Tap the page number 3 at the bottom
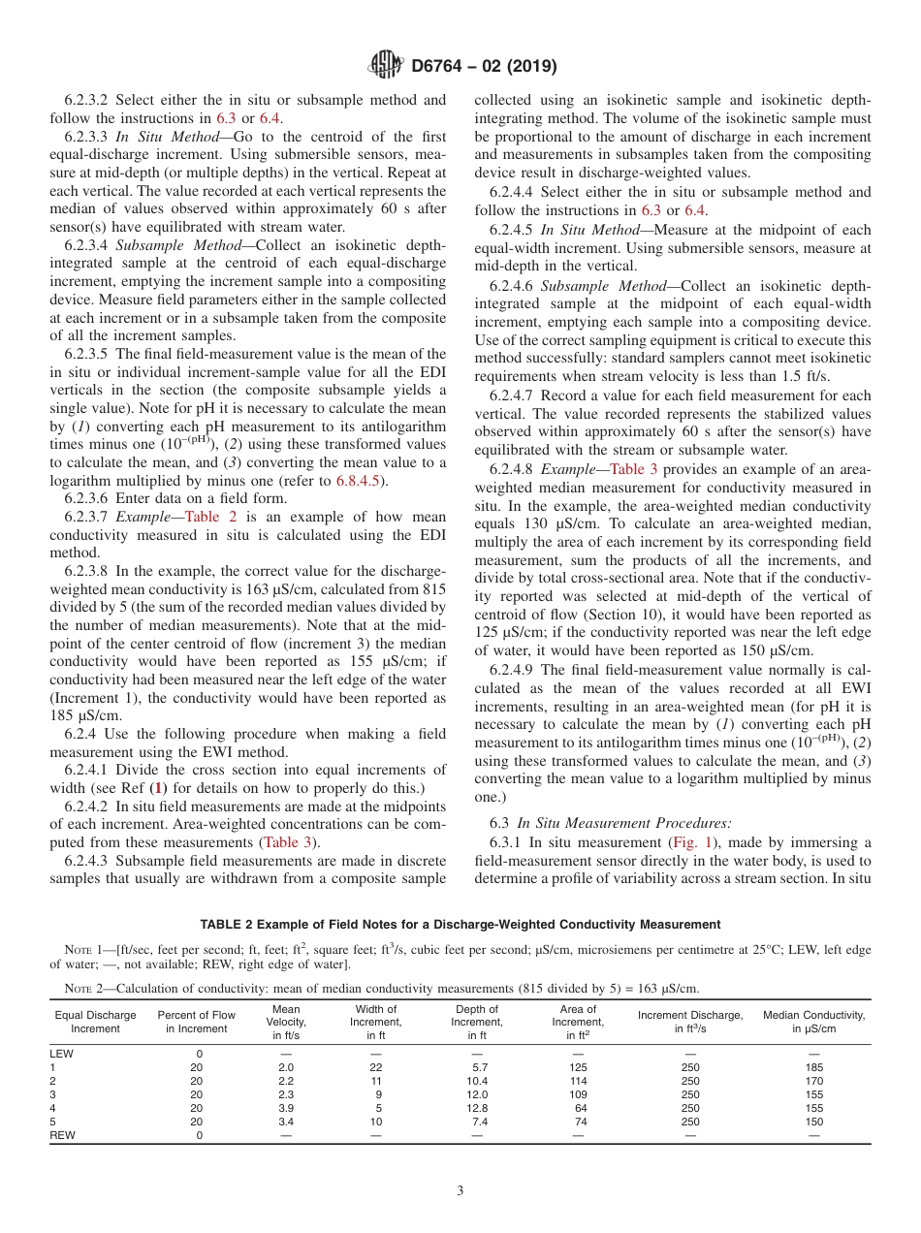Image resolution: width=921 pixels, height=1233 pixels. pos(460,1191)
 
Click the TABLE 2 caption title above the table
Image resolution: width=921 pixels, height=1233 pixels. pos(460,924)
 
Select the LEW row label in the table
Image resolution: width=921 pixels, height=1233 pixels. pos(61,1054)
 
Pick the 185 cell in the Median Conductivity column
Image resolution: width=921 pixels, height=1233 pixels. pos(813,1067)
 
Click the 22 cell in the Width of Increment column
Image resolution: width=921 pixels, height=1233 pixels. pos(376,1067)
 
